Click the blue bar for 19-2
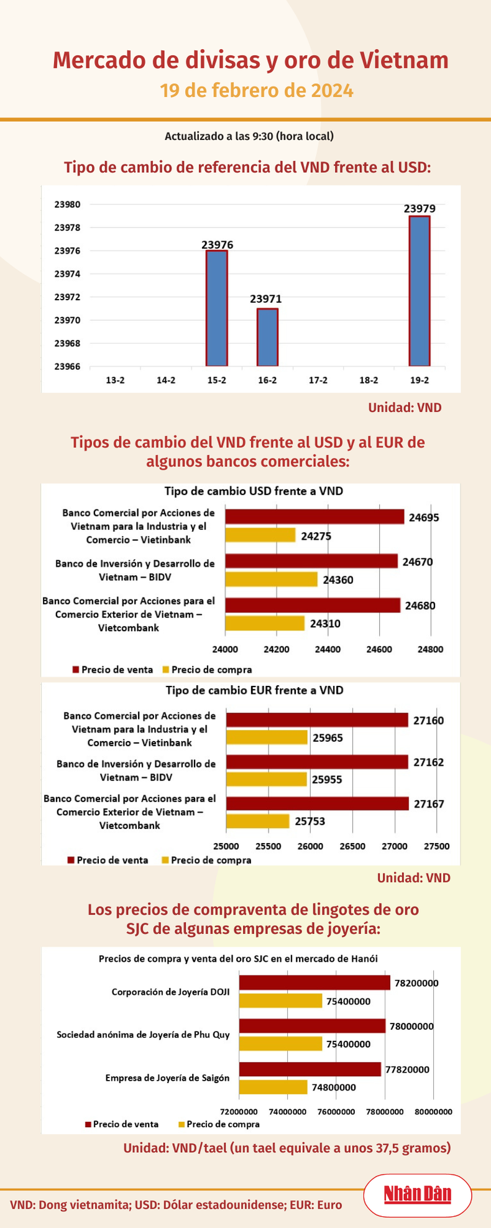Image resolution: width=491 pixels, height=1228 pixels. [420, 291]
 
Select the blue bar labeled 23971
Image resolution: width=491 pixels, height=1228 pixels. [268, 337]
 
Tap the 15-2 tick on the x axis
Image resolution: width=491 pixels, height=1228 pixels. [217, 380]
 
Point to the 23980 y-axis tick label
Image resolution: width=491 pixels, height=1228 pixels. [67, 205]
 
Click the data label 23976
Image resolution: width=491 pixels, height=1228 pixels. [218, 245]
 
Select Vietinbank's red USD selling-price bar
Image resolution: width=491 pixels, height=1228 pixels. [314, 517]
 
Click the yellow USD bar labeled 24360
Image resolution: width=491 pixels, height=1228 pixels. [271, 579]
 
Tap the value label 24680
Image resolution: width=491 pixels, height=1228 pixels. [420, 606]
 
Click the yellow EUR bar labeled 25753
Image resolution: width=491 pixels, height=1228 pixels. [257, 821]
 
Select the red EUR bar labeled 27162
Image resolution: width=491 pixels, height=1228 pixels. [317, 762]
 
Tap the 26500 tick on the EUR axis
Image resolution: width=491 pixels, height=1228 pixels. [352, 846]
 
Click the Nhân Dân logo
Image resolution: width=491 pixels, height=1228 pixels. [417, 1194]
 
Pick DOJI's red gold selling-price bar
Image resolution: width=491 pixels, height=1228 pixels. [314, 983]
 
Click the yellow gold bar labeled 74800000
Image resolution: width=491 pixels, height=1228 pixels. [273, 1087]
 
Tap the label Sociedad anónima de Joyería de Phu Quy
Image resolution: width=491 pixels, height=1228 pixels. [143, 1035]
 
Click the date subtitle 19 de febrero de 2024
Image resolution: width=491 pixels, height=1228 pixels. [257, 91]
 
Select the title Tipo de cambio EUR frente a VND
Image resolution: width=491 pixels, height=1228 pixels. [254, 690]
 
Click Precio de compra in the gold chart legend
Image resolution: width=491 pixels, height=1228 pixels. [223, 1124]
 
